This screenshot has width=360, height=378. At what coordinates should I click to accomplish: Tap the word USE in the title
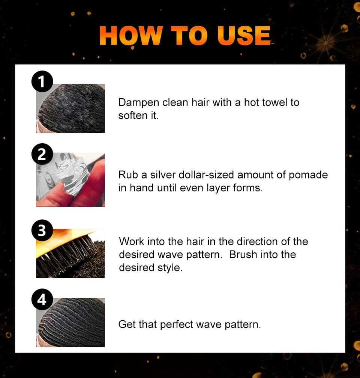point(244,36)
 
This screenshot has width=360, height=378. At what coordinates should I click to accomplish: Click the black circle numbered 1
point(42,82)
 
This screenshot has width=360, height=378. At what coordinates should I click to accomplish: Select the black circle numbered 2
point(42,154)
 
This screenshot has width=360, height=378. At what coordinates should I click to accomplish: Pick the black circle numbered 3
point(42,230)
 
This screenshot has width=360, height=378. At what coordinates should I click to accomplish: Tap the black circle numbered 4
point(42,300)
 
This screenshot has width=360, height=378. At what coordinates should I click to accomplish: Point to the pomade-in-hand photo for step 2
point(70,180)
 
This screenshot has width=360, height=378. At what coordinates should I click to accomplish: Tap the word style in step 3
point(169,268)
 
